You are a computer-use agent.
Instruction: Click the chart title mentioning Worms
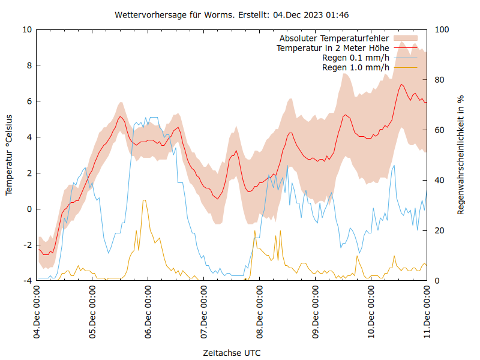pyautogui.click(x=240, y=14)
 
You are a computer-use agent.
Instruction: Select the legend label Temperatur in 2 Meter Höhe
pyautogui.click(x=332, y=48)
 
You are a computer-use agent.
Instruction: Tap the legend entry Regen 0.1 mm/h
pyautogui.click(x=356, y=58)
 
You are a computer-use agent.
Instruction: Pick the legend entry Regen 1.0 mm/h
pyautogui.click(x=356, y=67)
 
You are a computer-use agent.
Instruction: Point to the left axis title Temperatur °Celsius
pyautogui.click(x=9, y=154)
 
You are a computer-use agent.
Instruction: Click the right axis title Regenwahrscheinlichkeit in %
pyautogui.click(x=461, y=154)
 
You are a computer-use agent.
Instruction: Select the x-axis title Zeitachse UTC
pyautogui.click(x=232, y=352)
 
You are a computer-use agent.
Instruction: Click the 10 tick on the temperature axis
pyautogui.click(x=27, y=29)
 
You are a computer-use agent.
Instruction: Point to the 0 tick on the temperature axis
pyautogui.click(x=29, y=209)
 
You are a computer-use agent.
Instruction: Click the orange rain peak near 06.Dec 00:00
pyautogui.click(x=143, y=200)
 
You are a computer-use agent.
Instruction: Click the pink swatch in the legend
pyautogui.click(x=405, y=38)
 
